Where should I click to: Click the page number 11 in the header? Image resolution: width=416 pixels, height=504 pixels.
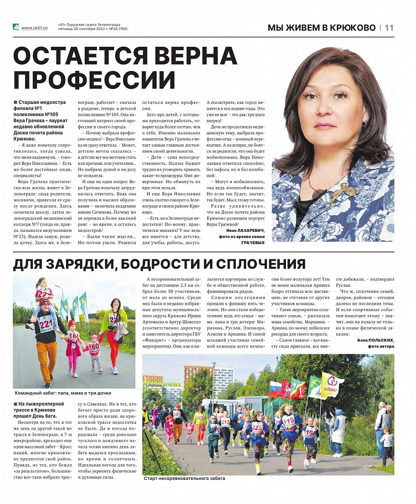point(389,28)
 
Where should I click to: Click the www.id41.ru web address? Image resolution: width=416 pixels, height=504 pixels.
point(34,28)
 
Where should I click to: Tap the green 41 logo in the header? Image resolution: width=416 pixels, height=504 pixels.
point(16,28)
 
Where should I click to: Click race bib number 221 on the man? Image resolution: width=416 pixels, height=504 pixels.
point(46,324)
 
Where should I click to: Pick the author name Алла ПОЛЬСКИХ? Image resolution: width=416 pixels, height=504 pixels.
point(375,340)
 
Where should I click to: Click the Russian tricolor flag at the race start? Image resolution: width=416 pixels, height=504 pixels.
point(276,389)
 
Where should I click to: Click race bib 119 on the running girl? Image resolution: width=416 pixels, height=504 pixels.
point(288,420)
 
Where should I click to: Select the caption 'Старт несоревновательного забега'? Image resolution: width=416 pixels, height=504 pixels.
point(184,478)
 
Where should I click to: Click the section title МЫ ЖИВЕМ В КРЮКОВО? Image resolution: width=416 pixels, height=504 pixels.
point(321,28)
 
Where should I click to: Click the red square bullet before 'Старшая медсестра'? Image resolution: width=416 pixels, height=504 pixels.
point(15,102)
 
